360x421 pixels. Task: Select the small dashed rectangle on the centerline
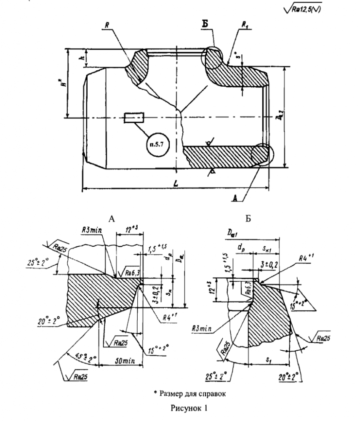pos(134,117)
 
